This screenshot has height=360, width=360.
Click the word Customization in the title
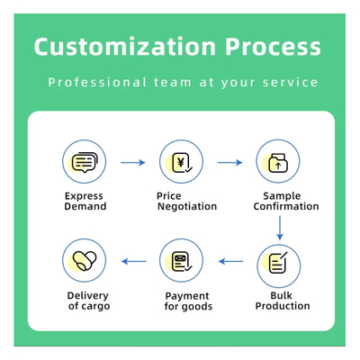tap(125, 47)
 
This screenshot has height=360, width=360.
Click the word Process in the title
tap(273, 47)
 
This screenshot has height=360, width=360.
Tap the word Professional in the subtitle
tap(97, 82)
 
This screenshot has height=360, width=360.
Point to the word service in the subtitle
tap(290, 82)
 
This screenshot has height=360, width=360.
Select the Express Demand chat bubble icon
tap(85, 161)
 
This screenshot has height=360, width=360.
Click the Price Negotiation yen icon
tap(181, 161)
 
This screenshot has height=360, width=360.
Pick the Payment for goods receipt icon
tap(181, 260)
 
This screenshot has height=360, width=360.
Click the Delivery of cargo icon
tap(85, 260)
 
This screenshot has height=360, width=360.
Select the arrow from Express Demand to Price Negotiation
tap(133, 163)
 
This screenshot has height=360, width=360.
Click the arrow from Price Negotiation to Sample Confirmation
tap(230, 163)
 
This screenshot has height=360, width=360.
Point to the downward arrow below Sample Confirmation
tap(280, 228)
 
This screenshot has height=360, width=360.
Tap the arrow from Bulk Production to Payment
tap(230, 262)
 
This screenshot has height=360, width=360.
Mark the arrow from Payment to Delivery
tap(134, 262)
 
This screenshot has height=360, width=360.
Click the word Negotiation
tap(187, 207)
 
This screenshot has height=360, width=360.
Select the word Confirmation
tap(286, 206)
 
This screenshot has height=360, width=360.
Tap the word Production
tap(283, 306)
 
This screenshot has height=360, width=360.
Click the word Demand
tap(85, 206)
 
